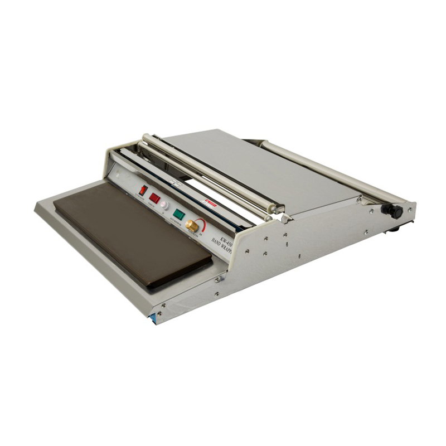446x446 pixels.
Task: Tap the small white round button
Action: click(x=164, y=205)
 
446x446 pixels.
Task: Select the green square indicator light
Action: click(x=178, y=214)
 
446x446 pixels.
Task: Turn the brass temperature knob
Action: click(x=192, y=225)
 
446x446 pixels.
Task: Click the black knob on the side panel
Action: click(x=395, y=211)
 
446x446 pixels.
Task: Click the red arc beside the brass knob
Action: click(x=203, y=224)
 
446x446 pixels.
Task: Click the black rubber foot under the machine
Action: click(x=394, y=228)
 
